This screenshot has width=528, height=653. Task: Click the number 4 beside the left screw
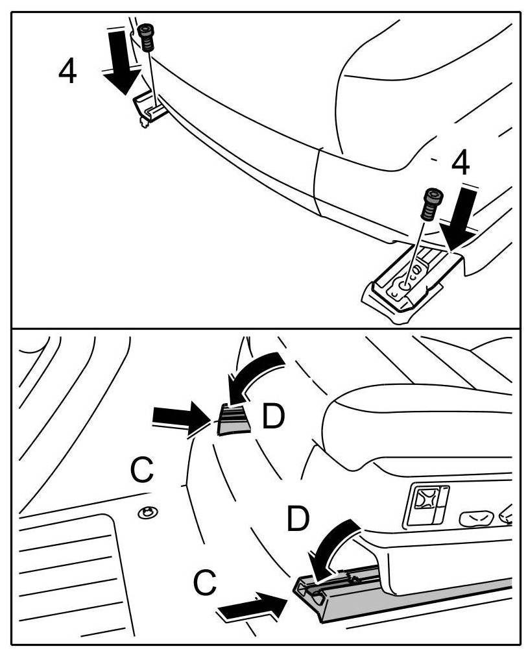pos(67,71)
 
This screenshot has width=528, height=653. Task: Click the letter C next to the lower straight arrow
pos(205,583)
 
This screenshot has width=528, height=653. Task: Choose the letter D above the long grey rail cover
pos(298,519)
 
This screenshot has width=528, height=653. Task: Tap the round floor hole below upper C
pos(149,513)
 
